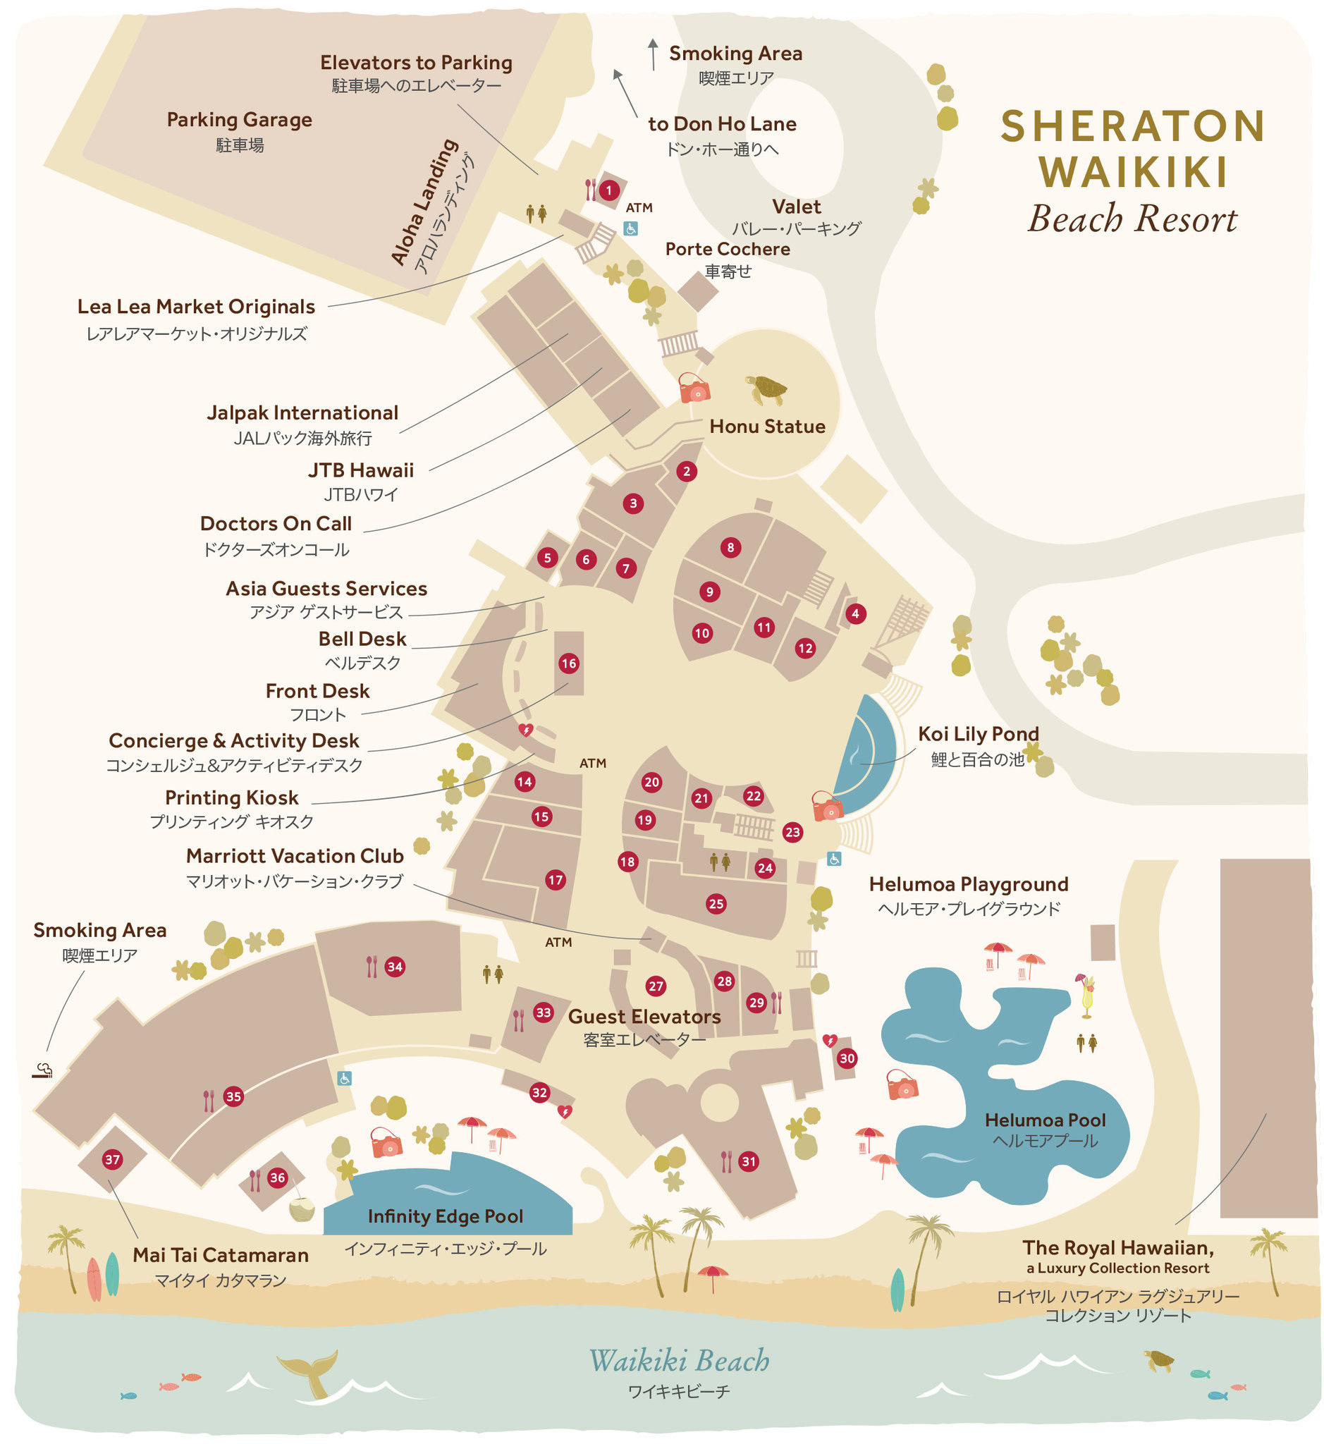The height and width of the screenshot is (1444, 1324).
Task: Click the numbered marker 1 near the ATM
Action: coord(609,190)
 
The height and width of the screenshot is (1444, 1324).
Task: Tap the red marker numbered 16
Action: coord(569,663)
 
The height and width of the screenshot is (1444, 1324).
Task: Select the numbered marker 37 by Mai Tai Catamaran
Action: coord(113,1159)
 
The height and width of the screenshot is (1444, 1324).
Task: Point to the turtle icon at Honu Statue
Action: coord(766,389)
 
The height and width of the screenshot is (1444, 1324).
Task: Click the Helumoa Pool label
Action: coord(1046,1120)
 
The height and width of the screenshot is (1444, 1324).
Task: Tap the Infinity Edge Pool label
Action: coord(445,1216)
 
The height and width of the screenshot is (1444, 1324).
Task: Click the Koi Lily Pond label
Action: coord(978,734)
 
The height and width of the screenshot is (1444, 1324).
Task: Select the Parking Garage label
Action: coord(239,120)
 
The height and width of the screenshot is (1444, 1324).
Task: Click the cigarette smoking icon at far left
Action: coord(42,1070)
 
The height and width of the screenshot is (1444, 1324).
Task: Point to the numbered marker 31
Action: coord(749,1162)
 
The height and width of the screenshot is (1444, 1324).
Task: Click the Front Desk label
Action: coord(317,691)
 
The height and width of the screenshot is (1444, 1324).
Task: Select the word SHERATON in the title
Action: coord(1133,126)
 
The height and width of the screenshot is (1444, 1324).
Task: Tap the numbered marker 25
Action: coord(716,904)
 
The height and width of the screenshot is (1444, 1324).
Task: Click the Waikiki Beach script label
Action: coord(678,1361)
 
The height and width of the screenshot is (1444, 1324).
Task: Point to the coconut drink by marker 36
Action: coord(302,1210)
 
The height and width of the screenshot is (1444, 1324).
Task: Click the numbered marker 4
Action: coord(854,614)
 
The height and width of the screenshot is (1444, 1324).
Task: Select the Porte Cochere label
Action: coord(727,249)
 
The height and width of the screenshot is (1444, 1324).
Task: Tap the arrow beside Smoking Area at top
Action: coord(653,54)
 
